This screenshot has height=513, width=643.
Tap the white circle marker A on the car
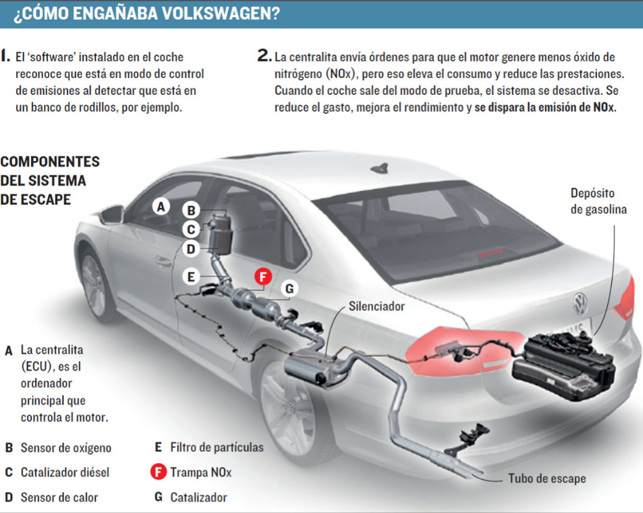pyautogui.click(x=160, y=206)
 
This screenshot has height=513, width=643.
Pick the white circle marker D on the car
pyautogui.click(x=191, y=249)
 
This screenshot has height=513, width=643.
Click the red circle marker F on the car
pyautogui.click(x=263, y=277)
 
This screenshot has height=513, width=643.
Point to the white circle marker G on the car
pyautogui.click(x=288, y=289)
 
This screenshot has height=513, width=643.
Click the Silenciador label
pyautogui.click(x=376, y=306)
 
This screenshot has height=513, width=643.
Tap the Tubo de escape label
pyautogui.click(x=547, y=478)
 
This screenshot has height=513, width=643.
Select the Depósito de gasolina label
pyautogui.click(x=598, y=201)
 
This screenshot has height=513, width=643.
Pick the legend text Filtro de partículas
pyautogui.click(x=217, y=447)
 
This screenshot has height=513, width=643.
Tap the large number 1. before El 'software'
pyautogui.click(x=6, y=57)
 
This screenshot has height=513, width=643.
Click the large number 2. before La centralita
pyautogui.click(x=264, y=57)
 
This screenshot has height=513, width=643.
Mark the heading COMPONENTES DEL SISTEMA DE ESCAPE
pyautogui.click(x=49, y=181)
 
